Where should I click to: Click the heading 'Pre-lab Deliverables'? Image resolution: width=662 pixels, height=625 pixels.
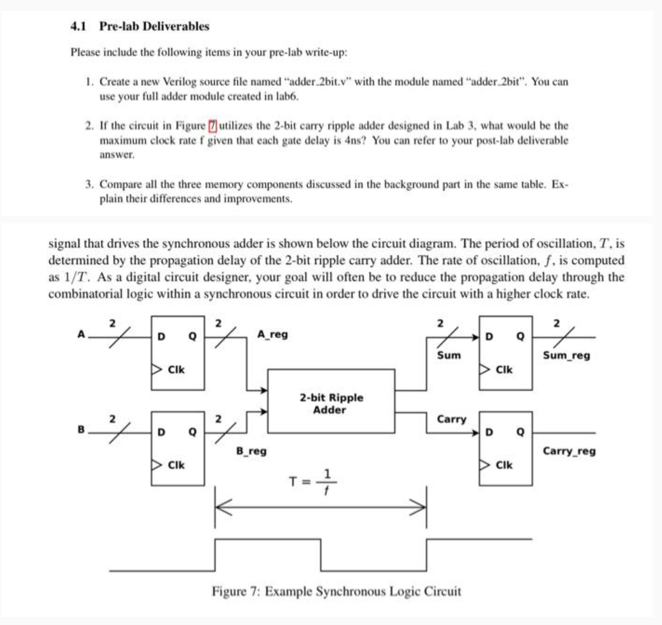154,26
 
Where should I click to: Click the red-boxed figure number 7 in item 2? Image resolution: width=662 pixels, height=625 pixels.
212,126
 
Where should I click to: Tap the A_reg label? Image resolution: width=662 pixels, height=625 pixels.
272,334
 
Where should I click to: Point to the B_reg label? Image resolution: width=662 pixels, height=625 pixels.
251,451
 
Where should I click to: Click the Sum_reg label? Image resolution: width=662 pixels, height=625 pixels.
566,355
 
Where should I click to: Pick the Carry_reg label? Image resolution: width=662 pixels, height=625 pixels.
569,451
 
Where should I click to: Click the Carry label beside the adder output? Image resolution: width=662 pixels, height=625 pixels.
451,419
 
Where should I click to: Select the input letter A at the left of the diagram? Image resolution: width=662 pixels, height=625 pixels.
81,334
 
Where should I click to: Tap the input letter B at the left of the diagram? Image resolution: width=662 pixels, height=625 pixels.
81,430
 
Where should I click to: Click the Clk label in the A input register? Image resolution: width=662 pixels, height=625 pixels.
176,369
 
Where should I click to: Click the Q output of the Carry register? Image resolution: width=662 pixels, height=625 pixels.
520,432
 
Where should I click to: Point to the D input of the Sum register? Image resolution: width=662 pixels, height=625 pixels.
489,337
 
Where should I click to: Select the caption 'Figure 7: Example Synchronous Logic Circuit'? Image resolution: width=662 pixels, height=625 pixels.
336,591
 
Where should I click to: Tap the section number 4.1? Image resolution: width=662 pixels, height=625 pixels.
78,26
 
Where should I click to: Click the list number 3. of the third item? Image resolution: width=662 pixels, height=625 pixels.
89,184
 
